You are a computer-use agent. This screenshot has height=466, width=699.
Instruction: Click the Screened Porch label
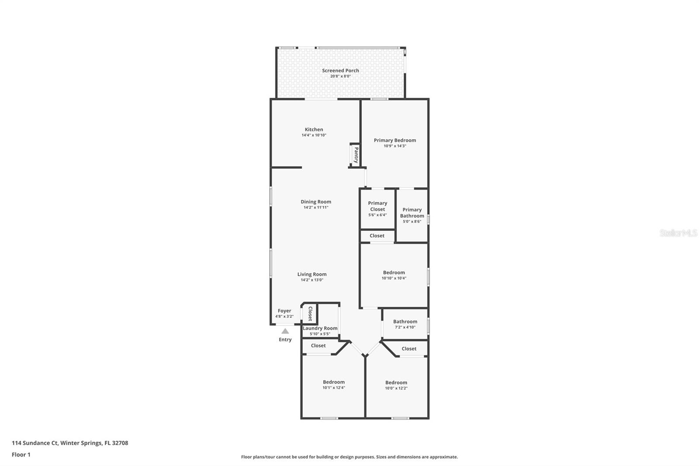pyautogui.click(x=340, y=70)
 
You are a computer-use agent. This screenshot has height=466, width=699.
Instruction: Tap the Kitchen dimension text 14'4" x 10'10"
pyautogui.click(x=314, y=136)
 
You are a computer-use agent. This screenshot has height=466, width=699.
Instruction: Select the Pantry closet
pyautogui.click(x=355, y=155)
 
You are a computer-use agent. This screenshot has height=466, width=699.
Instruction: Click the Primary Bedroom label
pyautogui.click(x=394, y=140)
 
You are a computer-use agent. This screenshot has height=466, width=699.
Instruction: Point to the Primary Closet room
pyautogui.click(x=377, y=209)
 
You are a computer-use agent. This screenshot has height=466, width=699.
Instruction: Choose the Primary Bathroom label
pyautogui.click(x=412, y=213)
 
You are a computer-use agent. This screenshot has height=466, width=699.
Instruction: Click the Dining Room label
pyautogui.click(x=315, y=202)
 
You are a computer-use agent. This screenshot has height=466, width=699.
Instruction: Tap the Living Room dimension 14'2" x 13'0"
pyautogui.click(x=311, y=280)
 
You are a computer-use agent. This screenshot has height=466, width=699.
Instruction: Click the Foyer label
pyautogui.click(x=284, y=311)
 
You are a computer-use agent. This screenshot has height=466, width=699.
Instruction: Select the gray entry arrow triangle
pyautogui.click(x=285, y=331)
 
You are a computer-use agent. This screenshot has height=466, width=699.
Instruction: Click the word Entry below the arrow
pyautogui.click(x=285, y=340)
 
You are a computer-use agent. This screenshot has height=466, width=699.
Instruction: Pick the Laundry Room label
pyautogui.click(x=320, y=328)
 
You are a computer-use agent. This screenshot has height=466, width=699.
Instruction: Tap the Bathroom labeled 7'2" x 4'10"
pyautogui.click(x=405, y=324)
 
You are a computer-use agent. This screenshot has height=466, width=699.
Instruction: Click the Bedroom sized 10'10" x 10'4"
pyautogui.click(x=394, y=275)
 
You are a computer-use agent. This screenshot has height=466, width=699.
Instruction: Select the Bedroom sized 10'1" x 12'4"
pyautogui.click(x=334, y=385)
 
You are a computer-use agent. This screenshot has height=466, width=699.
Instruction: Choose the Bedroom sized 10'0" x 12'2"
pyautogui.click(x=396, y=385)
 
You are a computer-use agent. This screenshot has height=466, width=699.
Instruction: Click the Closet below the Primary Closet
pyautogui.click(x=377, y=236)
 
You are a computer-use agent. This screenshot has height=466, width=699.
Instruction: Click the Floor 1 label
pyautogui.click(x=21, y=455)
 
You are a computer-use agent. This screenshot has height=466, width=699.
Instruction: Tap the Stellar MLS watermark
pyautogui.click(x=678, y=233)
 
